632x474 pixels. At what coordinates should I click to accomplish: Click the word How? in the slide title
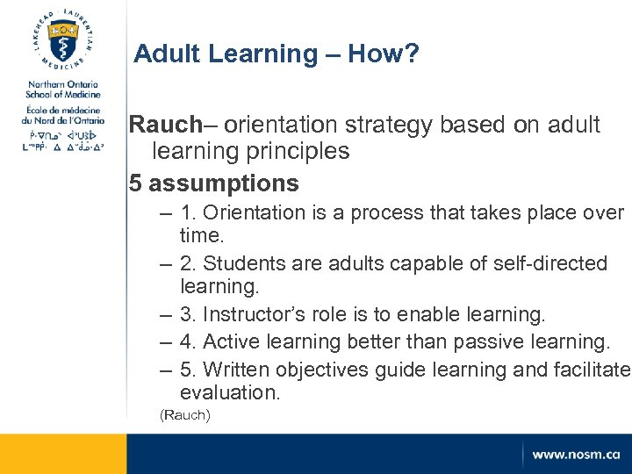tap(383, 54)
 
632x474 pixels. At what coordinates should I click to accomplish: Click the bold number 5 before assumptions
tap(135, 183)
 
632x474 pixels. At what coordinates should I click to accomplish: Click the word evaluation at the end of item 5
tap(229, 393)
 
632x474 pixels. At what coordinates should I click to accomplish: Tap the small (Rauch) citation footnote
tap(184, 414)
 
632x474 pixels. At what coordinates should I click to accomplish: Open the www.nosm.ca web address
tap(575, 455)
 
